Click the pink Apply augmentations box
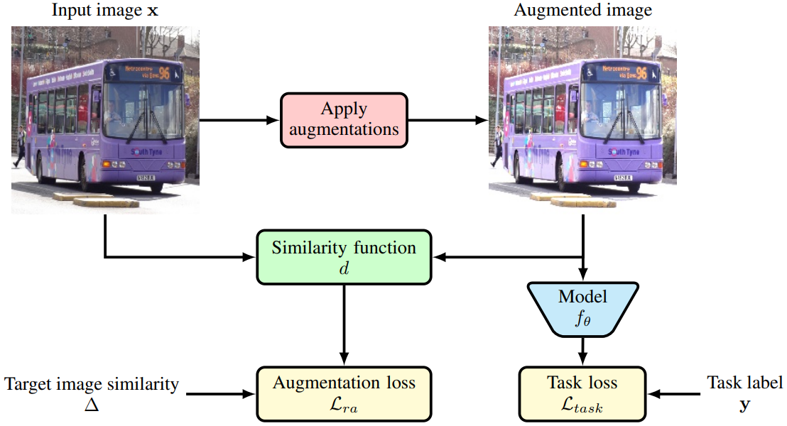tap(344, 120)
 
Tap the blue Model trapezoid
tap(583, 307)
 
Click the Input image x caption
tap(105, 11)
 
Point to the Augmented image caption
tap(583, 11)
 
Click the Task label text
tap(744, 383)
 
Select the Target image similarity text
tap(92, 384)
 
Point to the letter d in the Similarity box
tap(344, 268)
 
